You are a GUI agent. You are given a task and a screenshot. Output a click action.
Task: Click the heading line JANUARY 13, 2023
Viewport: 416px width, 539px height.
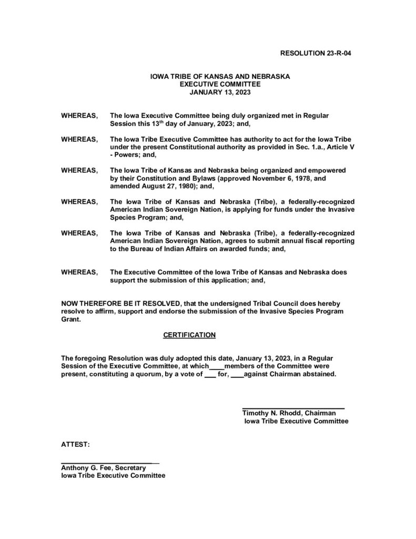(220, 92)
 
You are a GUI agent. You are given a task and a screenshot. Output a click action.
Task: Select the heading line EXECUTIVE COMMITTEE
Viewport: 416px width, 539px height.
(220, 84)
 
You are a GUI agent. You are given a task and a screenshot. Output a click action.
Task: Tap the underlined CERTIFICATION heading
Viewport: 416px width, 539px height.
(189, 335)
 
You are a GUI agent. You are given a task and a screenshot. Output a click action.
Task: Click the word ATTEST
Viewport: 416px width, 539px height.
(76, 445)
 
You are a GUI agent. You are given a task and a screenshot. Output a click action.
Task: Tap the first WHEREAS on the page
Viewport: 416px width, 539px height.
(79, 115)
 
